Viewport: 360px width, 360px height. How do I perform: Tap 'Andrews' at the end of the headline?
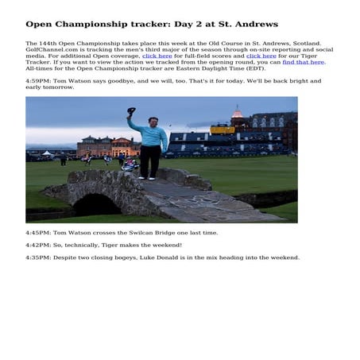point(256,25)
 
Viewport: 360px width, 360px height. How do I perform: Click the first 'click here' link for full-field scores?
point(157,56)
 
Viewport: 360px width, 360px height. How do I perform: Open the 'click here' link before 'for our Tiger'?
point(261,56)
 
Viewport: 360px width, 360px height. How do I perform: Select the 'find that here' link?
point(303,62)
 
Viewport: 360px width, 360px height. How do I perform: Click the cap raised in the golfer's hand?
point(131,111)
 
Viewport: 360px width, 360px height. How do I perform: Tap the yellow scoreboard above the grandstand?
point(222,129)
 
